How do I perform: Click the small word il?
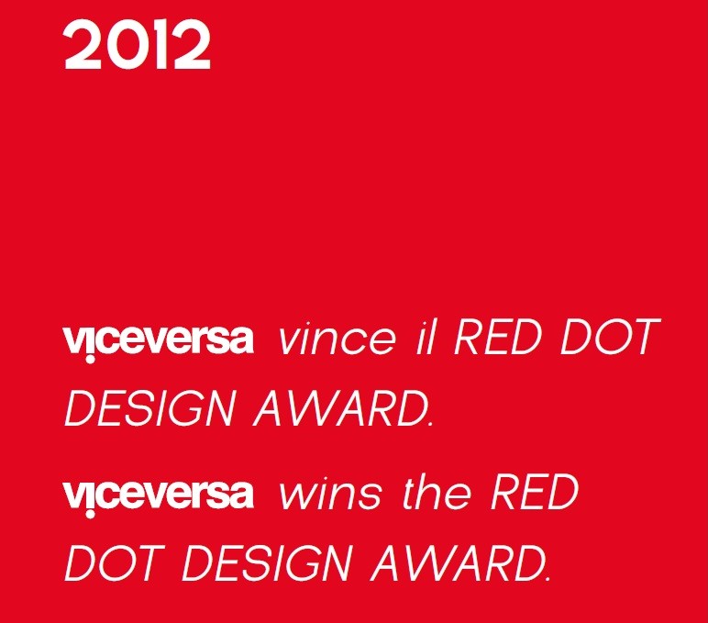pos(425,337)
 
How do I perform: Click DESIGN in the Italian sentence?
pos(149,408)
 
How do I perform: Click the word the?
pos(437,492)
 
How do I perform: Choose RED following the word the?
pos(534,492)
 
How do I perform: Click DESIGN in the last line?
pos(267,563)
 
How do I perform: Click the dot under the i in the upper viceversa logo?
pos(90,360)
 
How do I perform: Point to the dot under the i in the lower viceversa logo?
pos(90,514)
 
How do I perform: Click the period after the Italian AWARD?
pos(429,424)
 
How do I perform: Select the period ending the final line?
pos(548,578)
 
